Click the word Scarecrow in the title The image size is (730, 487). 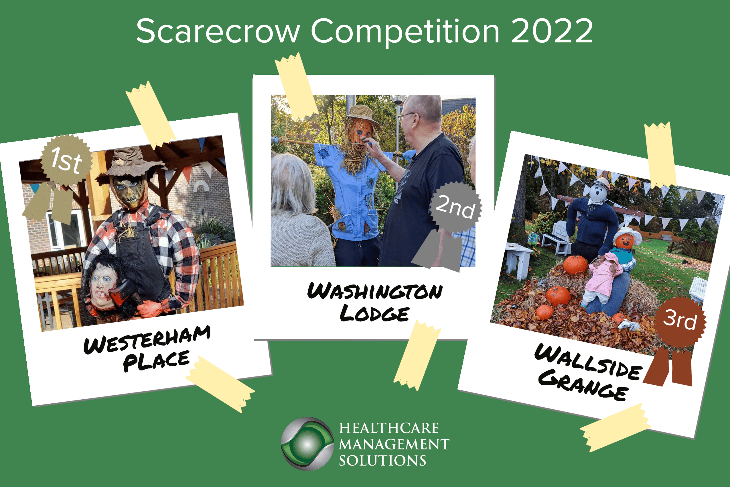coord(218,31)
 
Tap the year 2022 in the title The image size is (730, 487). coord(552,31)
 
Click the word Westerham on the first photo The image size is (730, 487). coord(147,339)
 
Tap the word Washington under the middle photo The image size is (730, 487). coord(375,291)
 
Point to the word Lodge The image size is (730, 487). coord(374,313)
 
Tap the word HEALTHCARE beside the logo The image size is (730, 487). coord(389,428)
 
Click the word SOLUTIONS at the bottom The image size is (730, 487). coord(382,461)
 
